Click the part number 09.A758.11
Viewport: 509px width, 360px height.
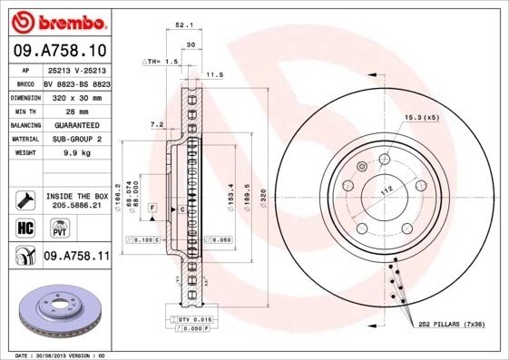(x=76, y=257)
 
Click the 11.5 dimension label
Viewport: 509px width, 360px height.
(x=215, y=74)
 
